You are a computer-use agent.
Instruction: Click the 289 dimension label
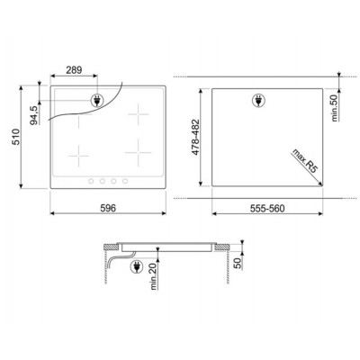click(74, 70)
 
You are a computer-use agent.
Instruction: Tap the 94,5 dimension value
click(34, 115)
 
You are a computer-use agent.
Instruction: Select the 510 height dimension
click(15, 137)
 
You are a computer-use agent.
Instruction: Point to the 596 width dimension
click(108, 208)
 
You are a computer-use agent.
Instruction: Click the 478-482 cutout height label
click(195, 137)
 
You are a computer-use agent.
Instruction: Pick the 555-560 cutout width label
click(267, 208)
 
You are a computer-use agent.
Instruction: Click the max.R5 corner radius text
click(304, 161)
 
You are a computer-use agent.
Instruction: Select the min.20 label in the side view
click(154, 276)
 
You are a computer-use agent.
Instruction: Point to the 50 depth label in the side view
click(238, 263)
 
